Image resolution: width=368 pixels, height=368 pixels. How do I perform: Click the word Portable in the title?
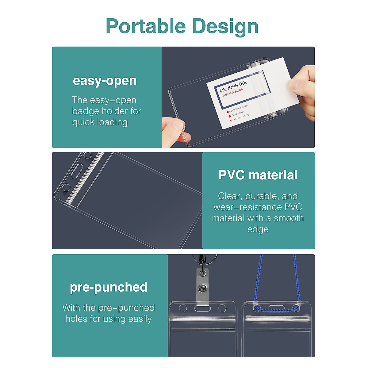pos(146,26)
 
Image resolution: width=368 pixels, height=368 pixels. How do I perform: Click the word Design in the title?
pos(225,27)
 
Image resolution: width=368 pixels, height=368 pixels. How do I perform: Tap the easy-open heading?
pos(105,81)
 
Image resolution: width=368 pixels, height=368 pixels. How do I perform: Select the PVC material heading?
pos(258,175)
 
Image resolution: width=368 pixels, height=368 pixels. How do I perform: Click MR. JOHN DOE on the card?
pos(233,86)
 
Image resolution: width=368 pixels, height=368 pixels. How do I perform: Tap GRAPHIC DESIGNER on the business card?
pos(232,93)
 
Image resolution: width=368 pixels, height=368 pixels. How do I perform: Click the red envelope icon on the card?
pos(228,112)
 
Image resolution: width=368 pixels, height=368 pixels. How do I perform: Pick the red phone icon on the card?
pos(231,120)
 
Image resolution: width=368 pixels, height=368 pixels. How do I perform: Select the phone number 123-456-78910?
pos(241,117)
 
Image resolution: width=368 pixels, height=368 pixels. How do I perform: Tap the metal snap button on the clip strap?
pos(202,289)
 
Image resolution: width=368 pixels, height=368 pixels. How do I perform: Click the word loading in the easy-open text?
pos(112,122)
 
